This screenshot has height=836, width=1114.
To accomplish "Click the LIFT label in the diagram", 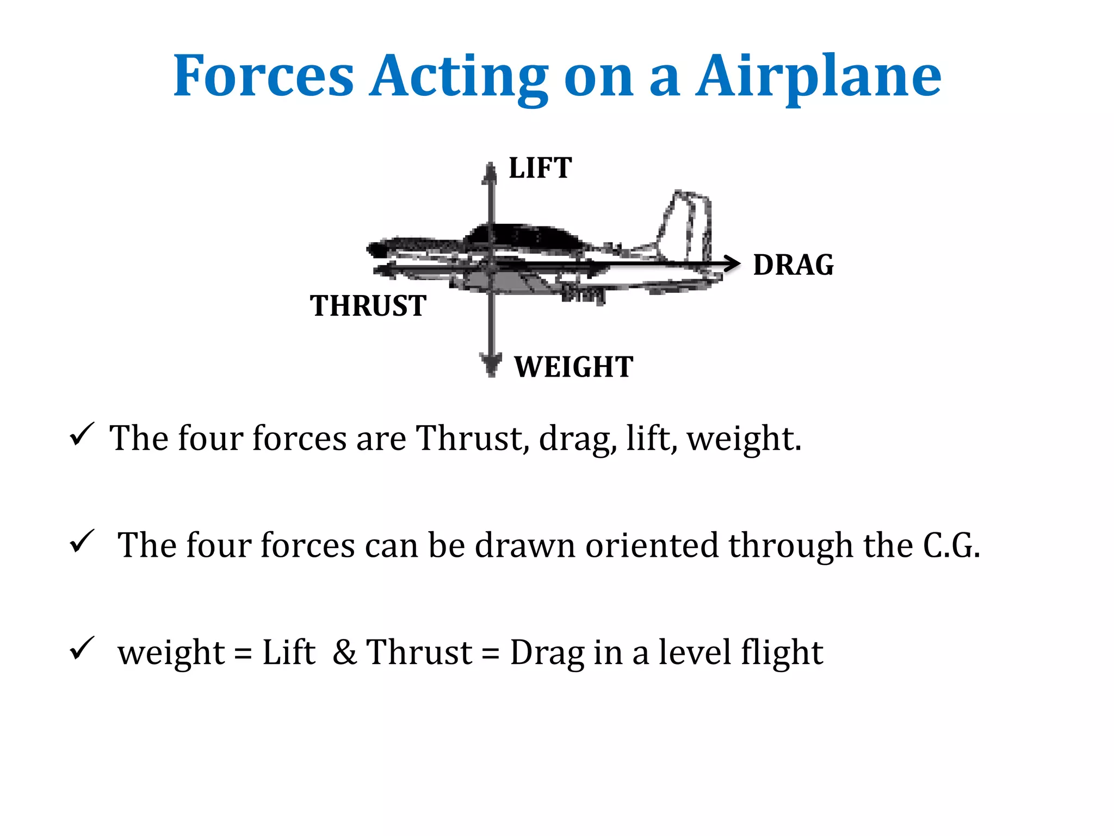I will click(540, 168).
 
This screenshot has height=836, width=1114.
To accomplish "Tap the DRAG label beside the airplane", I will click(793, 265).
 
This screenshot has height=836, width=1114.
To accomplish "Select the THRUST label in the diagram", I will click(368, 305).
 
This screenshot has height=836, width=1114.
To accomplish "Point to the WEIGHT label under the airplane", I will click(574, 366).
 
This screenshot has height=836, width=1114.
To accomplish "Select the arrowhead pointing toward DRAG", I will click(733, 263).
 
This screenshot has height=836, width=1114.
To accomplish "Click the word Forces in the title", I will click(264, 76).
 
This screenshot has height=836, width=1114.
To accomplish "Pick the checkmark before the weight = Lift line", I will click(82, 648).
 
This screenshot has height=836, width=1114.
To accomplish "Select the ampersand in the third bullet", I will click(345, 652).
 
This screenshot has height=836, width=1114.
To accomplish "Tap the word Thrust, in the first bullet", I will click(473, 438).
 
